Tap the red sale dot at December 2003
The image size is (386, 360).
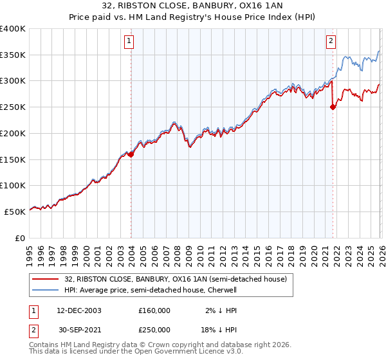(x=131, y=154)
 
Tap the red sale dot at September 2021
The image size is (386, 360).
(x=333, y=107)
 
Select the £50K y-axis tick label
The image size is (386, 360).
(x=15, y=212)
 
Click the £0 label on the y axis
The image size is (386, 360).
(x=21, y=238)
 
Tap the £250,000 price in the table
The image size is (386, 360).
(x=154, y=329)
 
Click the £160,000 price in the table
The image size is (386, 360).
(x=154, y=310)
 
